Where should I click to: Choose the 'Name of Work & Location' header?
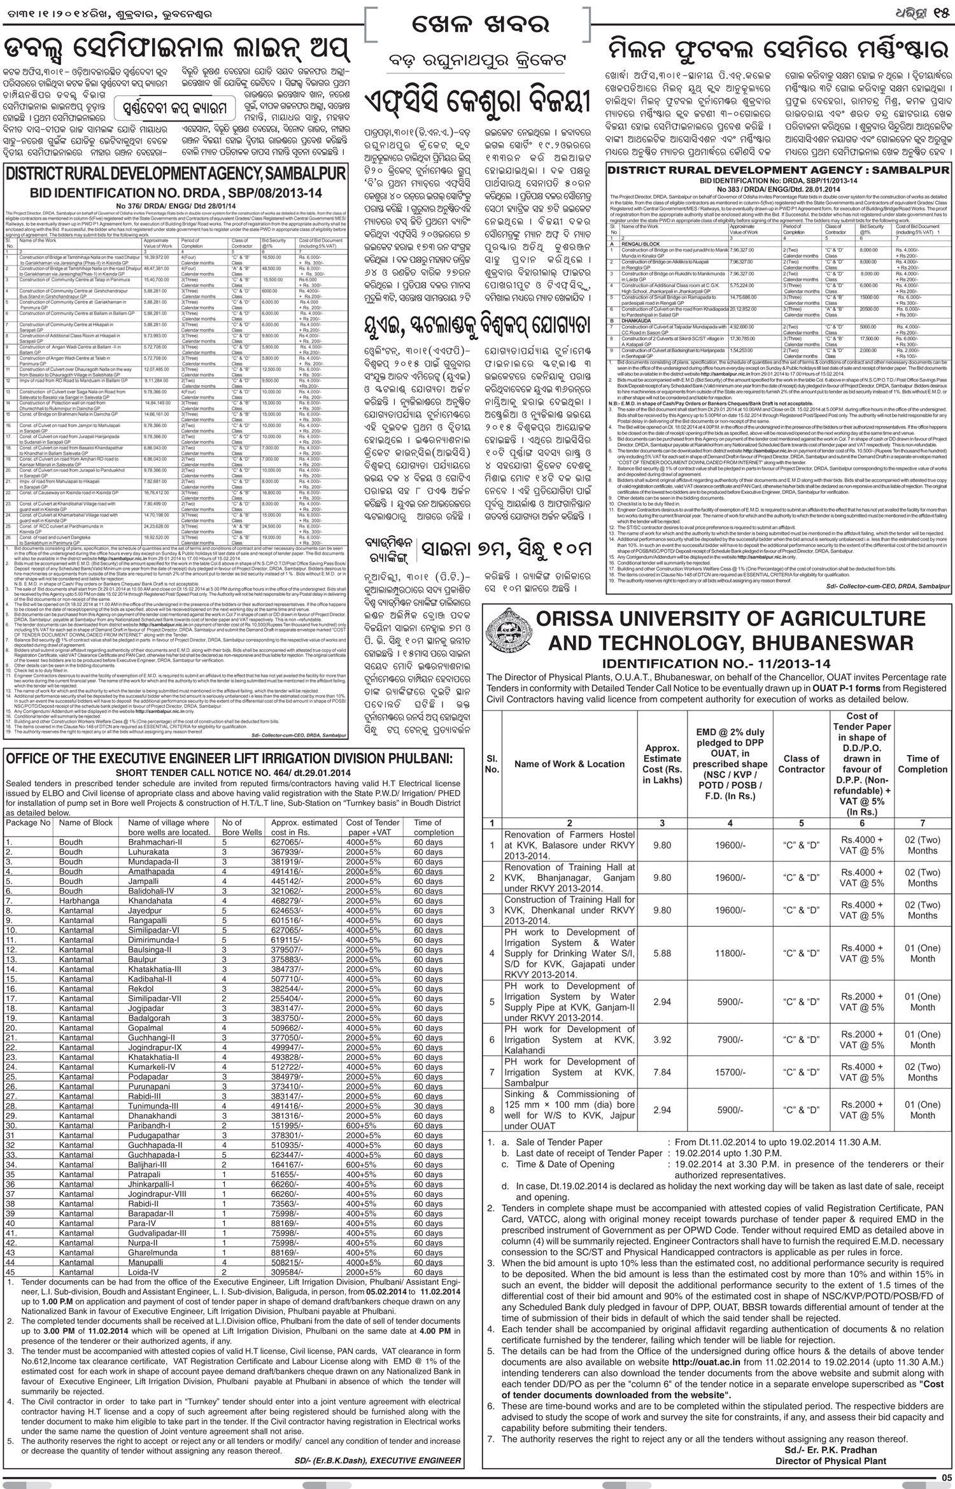(569, 764)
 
